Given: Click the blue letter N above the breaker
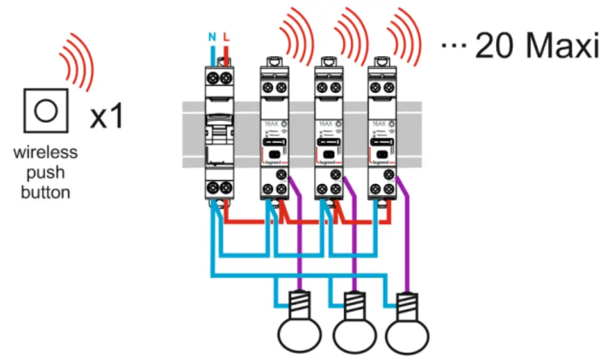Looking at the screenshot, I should tap(212, 38).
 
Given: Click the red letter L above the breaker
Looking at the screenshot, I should tap(226, 38).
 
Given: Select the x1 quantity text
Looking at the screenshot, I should tap(106, 118).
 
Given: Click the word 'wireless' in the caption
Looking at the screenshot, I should tap(45, 152).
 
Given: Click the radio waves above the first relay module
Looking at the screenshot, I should tap(296, 35).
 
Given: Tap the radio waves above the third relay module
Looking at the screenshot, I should tap(403, 35).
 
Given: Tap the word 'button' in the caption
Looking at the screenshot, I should tap(45, 192).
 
